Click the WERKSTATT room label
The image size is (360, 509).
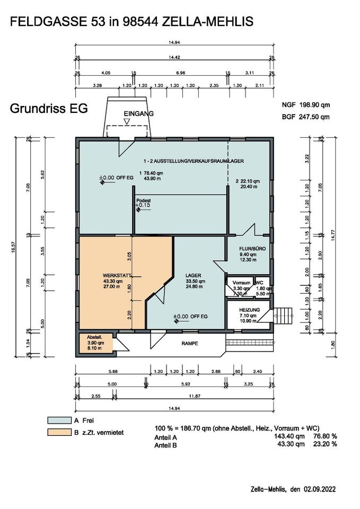click(x=116, y=275)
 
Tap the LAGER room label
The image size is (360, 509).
click(x=193, y=275)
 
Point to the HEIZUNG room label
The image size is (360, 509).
click(x=249, y=310)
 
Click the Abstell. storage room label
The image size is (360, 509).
click(x=94, y=337)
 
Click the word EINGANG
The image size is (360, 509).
click(x=138, y=114)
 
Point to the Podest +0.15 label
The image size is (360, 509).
click(x=143, y=202)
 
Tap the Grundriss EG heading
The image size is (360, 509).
click(x=48, y=109)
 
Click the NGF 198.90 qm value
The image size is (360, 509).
click(x=306, y=106)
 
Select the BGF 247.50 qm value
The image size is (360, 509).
click(x=306, y=117)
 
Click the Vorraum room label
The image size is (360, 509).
click(x=234, y=282)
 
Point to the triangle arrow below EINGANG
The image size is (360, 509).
click(x=126, y=122)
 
